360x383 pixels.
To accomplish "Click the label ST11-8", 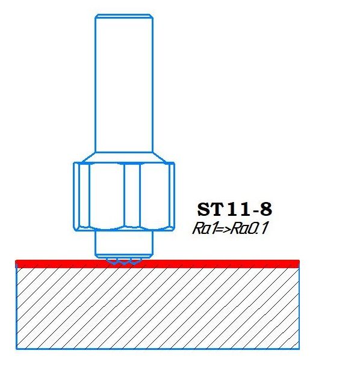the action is (x=235, y=209).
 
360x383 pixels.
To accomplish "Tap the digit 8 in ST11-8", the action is (x=266, y=209).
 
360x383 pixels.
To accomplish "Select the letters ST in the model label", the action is (x=211, y=209).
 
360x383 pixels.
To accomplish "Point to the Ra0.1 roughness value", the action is (x=250, y=229).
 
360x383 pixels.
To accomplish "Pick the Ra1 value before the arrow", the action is (x=204, y=229).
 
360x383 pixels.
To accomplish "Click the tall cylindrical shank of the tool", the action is (x=124, y=83).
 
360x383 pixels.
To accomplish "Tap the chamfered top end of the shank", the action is (x=124, y=16).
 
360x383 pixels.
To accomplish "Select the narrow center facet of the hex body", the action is (x=132, y=195).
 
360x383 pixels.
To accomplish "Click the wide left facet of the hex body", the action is (x=107, y=195).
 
